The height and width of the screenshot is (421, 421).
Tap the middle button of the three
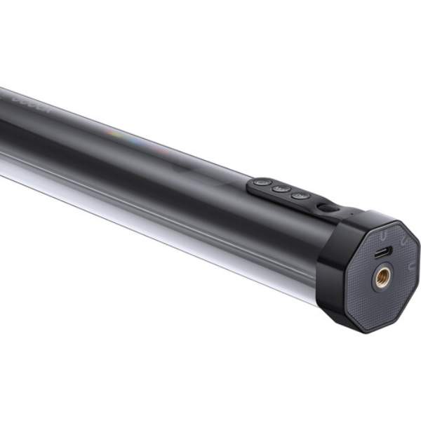pyautogui.click(x=281, y=188)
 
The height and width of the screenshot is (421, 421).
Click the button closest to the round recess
pyautogui.click(x=300, y=195)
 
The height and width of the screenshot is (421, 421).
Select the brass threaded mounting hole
pyautogui.click(x=382, y=278)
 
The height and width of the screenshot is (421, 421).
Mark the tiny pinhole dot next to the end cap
pyautogui.click(x=343, y=208)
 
